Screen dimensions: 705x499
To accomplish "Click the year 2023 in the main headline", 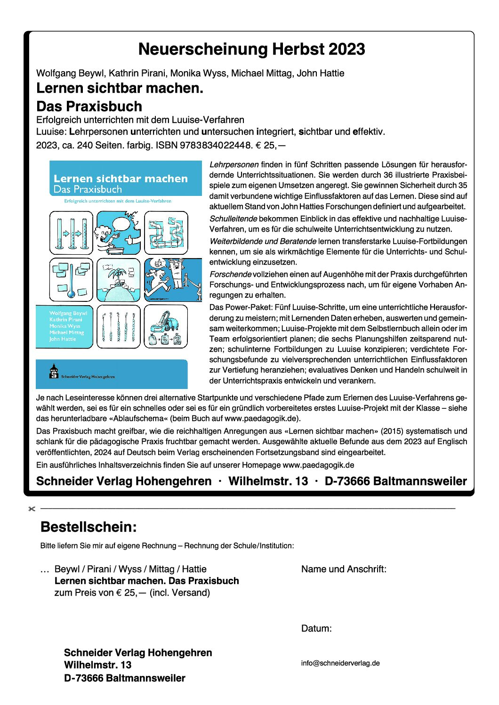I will (x=347, y=49).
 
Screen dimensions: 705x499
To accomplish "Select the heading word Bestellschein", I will (x=89, y=527).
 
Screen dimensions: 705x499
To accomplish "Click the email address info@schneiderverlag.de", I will (x=340, y=663).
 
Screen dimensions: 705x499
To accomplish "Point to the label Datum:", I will (x=316, y=628).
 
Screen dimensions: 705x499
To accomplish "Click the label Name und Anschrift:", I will (x=344, y=569).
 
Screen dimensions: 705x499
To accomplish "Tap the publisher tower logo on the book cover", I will (x=54, y=371).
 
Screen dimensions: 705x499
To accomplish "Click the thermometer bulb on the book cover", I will (x=71, y=294).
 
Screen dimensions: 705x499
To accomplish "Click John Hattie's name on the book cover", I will (x=63, y=339).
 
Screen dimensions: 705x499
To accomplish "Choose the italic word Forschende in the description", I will (x=230, y=275).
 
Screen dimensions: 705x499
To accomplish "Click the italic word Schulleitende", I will (x=233, y=219).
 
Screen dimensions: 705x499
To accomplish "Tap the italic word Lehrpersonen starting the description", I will (x=234, y=165).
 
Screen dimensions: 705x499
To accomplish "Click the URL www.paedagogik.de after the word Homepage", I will (x=318, y=465).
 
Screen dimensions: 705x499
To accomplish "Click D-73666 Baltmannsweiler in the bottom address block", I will (x=125, y=678).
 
